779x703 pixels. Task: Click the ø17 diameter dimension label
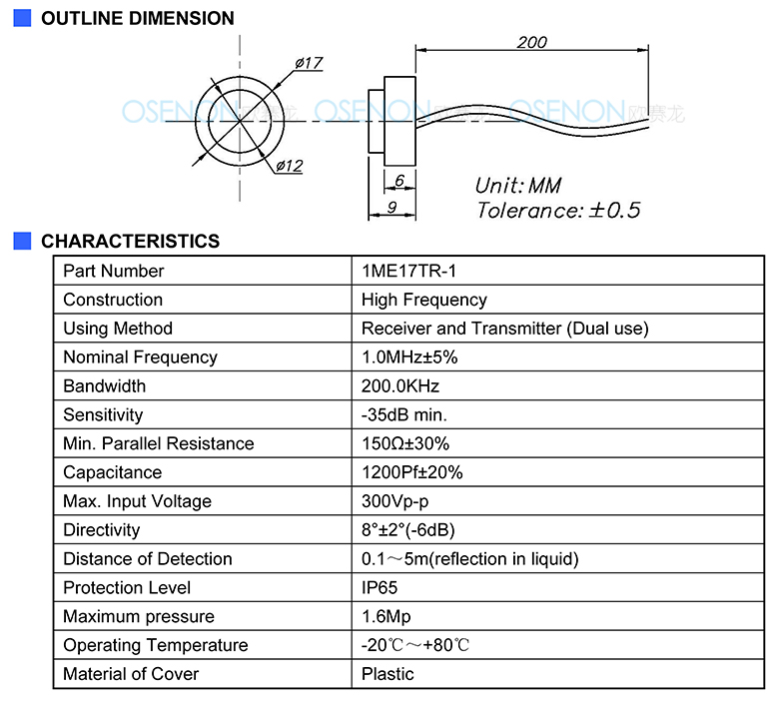point(309,63)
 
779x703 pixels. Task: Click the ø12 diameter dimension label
point(290,166)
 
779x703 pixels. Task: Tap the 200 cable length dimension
point(531,42)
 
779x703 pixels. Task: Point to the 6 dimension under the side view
point(399,180)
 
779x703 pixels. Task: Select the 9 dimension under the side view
point(391,207)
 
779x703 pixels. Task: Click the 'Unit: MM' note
point(518,186)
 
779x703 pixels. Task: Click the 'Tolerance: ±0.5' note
point(558,210)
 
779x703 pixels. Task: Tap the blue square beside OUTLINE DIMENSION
point(22,18)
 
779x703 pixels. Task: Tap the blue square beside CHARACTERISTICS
point(22,241)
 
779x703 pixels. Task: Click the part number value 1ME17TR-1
point(408,271)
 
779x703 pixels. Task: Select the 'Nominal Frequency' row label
point(140,357)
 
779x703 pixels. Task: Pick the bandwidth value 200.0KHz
point(399,386)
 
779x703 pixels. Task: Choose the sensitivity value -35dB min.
point(403,414)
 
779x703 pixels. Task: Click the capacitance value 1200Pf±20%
point(411,472)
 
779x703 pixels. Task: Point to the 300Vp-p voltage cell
point(394,501)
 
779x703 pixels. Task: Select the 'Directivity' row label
point(101,530)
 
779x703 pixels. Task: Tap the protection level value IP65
point(380,588)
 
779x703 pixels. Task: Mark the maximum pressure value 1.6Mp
point(387,616)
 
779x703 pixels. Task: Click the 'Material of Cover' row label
point(131,674)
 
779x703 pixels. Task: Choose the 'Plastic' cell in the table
point(388,674)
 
